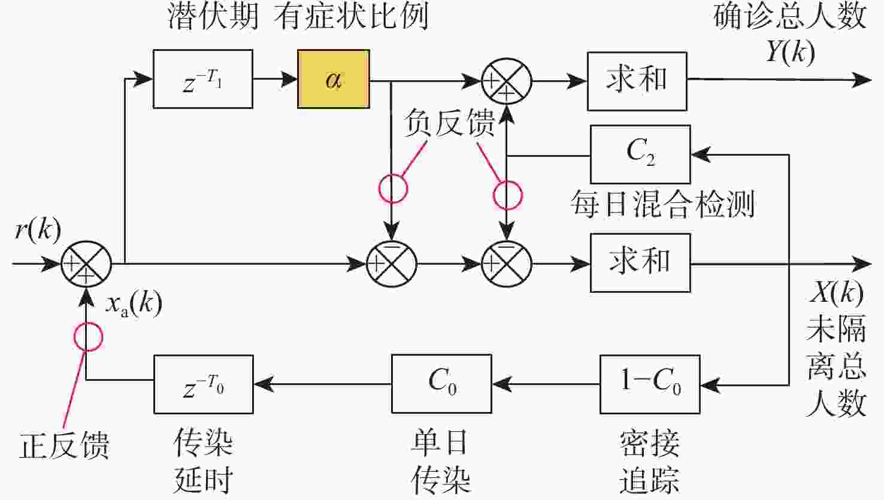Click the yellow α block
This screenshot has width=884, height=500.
(333, 79)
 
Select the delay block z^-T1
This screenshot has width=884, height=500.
(202, 79)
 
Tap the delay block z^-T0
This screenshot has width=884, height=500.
(203, 384)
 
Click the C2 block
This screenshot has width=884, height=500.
(640, 154)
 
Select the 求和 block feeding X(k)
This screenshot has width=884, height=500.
(640, 263)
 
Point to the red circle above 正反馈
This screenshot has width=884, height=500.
(88, 337)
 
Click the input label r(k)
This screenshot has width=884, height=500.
(38, 229)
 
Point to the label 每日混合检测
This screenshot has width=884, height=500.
(662, 204)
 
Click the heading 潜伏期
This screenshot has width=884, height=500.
(213, 16)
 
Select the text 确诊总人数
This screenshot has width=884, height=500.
(790, 16)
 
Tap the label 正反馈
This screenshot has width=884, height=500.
(64, 446)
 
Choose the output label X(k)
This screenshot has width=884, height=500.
(836, 293)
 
